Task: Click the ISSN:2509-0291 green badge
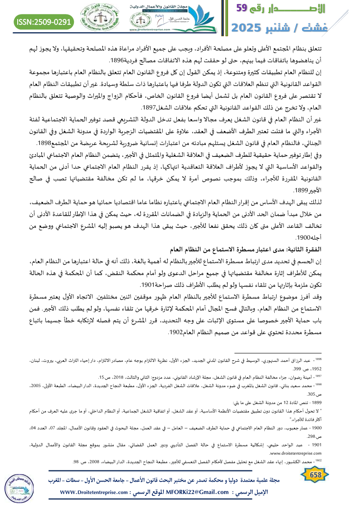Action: pyautogui.click(x=44, y=21)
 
